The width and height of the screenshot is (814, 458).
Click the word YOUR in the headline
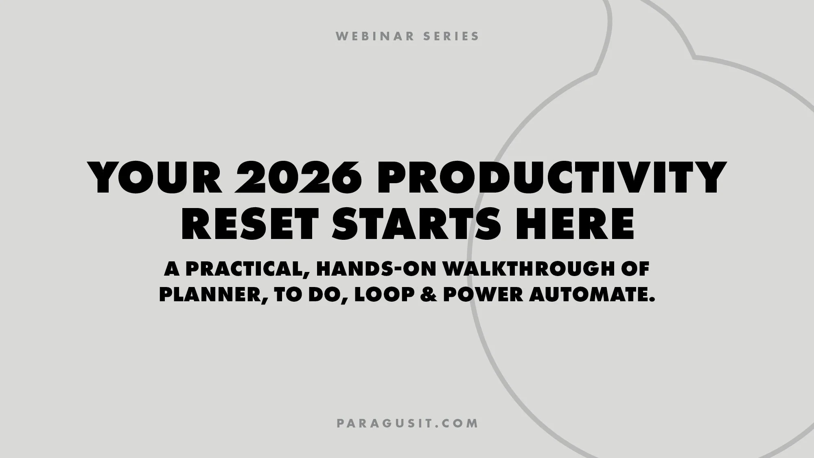click(157, 178)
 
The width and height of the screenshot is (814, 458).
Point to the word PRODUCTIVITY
click(551, 178)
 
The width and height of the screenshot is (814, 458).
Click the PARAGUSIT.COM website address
click(407, 423)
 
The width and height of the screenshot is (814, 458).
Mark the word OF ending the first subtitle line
click(635, 269)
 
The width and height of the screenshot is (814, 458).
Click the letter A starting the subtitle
click(172, 269)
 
